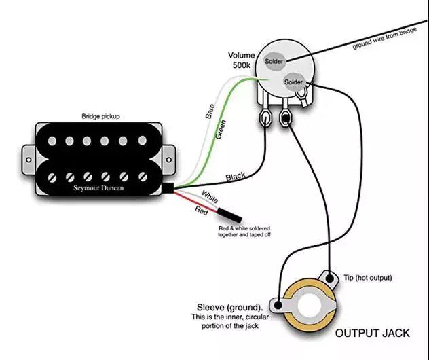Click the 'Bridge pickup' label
100,116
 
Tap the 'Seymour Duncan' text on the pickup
98,188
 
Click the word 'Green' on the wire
221,130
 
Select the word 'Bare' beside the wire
210,111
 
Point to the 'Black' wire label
236,177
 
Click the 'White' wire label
210,197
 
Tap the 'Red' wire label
202,211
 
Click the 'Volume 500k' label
242,60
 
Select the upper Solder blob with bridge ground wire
274,61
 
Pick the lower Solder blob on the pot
294,82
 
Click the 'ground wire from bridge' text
385,39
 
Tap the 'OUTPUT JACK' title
373,334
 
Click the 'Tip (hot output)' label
368,278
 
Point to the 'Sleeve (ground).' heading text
230,308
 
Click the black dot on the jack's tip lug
330,278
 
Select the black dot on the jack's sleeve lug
278,305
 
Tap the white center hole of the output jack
309,306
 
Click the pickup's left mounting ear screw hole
29,160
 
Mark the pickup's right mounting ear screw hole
169,160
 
